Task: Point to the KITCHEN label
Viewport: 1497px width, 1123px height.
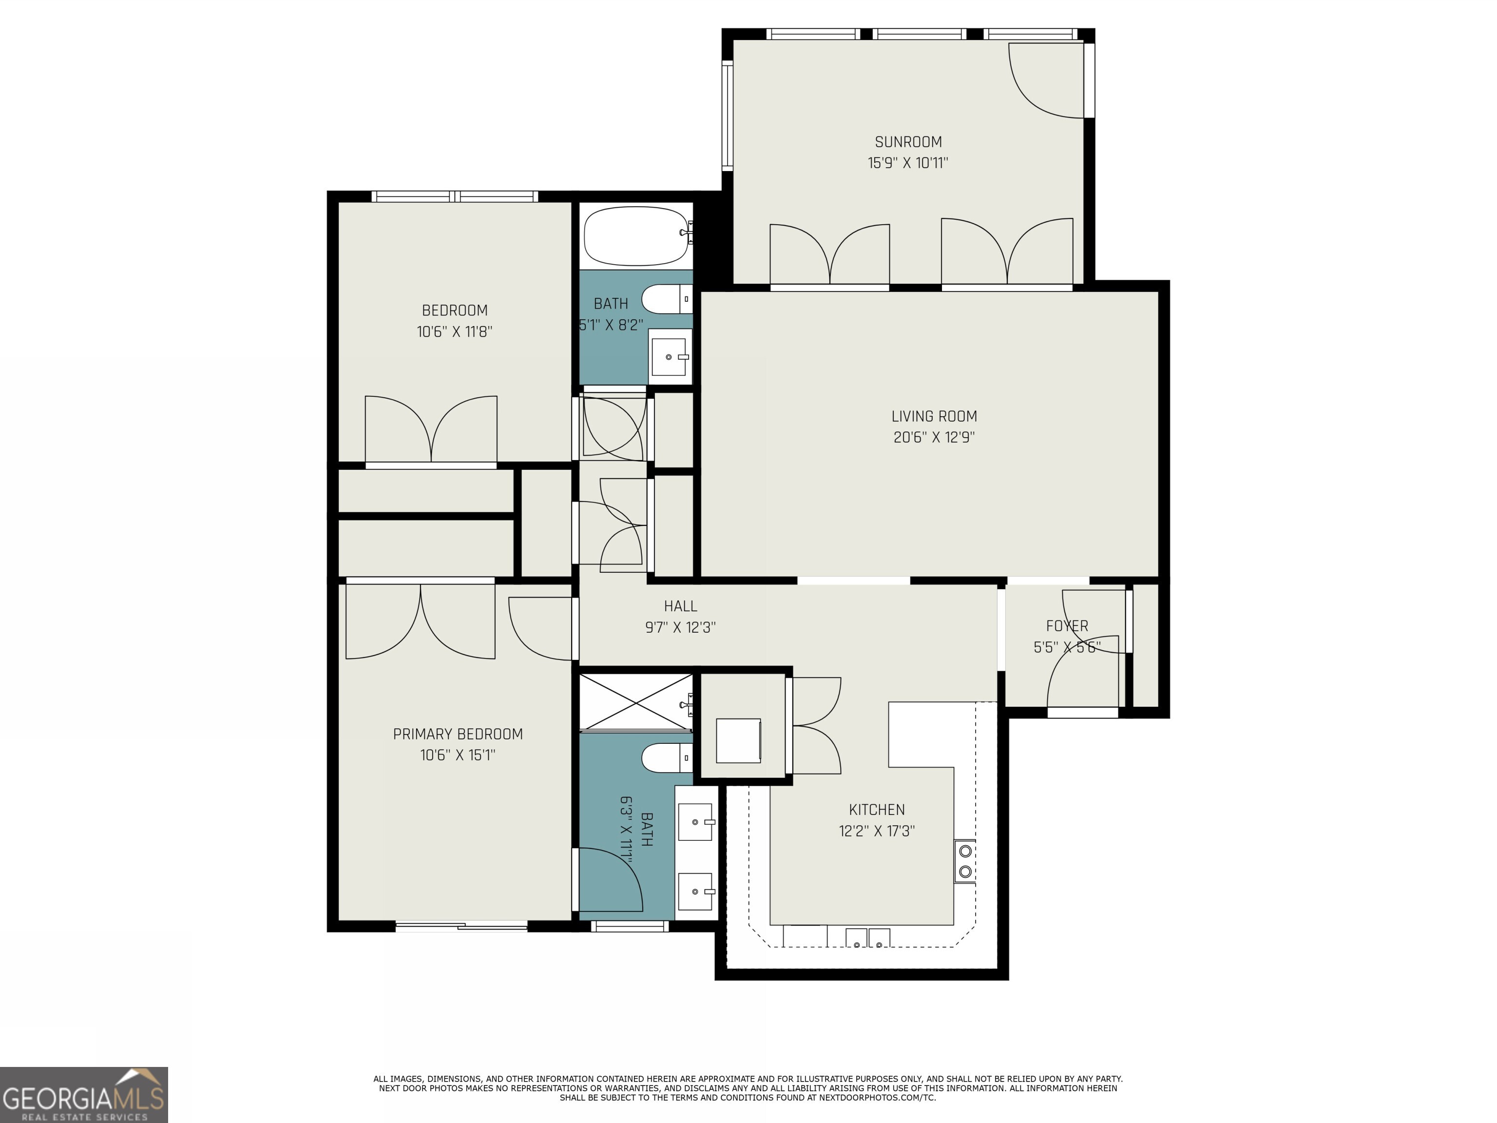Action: [876, 810]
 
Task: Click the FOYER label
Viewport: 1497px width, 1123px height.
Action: [1067, 626]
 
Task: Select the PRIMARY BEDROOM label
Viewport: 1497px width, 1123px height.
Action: [458, 734]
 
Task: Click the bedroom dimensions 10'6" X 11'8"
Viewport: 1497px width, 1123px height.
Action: [454, 332]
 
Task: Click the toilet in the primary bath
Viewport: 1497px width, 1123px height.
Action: [666, 757]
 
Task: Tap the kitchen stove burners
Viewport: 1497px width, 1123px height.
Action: [965, 861]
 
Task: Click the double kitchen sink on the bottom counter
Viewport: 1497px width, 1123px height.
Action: [867, 939]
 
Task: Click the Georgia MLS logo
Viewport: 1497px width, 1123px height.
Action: [83, 1095]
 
